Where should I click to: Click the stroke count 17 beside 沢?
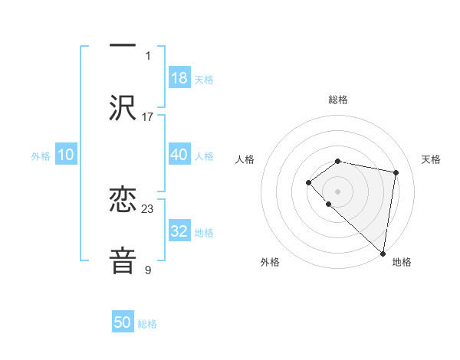148,117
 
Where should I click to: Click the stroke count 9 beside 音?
148,270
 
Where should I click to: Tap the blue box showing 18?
179,78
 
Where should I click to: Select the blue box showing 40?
179,155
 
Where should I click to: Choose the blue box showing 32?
179,231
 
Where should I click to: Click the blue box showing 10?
66,155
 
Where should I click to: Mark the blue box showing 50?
123,322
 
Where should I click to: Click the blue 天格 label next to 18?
204,80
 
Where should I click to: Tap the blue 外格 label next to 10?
41,156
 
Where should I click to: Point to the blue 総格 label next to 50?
147,324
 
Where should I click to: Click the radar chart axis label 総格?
337,100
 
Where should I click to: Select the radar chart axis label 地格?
402,263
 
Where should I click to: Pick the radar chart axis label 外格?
270,263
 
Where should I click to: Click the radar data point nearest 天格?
396,172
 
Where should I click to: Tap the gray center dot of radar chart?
337,191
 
